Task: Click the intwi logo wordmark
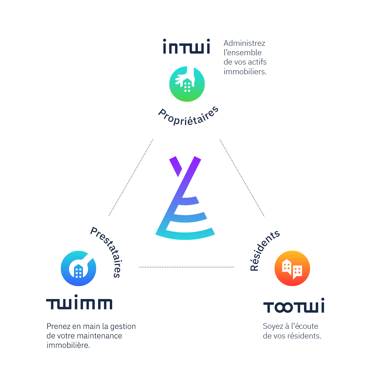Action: click(x=186, y=46)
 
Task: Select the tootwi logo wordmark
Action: click(x=294, y=306)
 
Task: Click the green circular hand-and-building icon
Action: click(x=187, y=84)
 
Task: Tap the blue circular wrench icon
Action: click(x=78, y=268)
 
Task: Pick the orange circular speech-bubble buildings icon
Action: click(x=292, y=268)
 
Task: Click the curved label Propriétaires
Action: click(x=189, y=117)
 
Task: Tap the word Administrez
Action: click(x=244, y=43)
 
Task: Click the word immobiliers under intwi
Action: click(x=245, y=72)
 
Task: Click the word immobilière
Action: click(x=68, y=345)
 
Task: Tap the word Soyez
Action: click(x=273, y=326)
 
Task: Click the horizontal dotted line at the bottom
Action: click(x=186, y=267)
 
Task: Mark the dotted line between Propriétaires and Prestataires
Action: click(x=131, y=177)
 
